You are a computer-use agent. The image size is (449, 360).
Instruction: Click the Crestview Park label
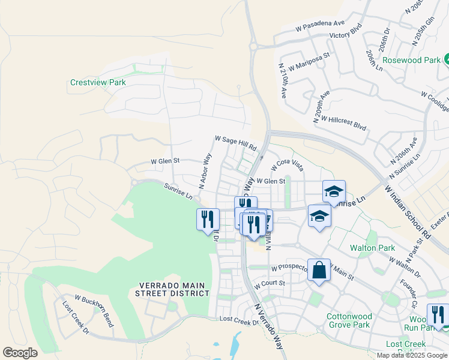(x=97, y=82)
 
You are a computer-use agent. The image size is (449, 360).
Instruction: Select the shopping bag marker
(x=319, y=271)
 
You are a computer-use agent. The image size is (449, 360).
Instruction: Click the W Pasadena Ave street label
(x=320, y=26)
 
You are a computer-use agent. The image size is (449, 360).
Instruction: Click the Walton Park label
(x=372, y=248)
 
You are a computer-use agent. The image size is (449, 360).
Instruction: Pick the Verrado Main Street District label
(x=174, y=289)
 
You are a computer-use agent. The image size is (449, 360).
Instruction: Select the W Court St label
(x=268, y=283)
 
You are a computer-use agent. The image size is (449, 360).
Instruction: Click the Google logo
(x=20, y=353)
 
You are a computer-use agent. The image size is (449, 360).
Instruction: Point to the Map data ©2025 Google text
(x=412, y=355)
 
